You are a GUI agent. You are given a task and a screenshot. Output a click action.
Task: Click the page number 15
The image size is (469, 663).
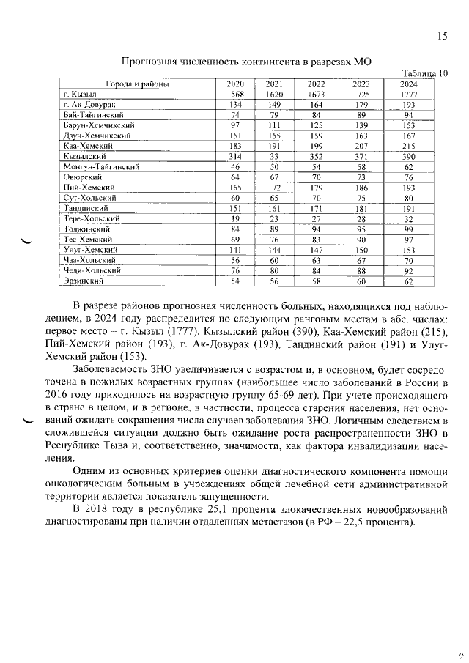pyautogui.click(x=442, y=35)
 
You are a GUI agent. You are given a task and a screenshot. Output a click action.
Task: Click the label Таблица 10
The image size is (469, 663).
pyautogui.click(x=426, y=73)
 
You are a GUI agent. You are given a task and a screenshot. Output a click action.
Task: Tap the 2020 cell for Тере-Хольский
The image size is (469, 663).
pyautogui.click(x=235, y=218)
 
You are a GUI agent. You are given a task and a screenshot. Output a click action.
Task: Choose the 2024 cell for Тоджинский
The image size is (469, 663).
pyautogui.click(x=408, y=229)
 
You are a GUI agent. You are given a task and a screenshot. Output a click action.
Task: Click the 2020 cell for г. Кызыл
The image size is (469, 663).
pyautogui.click(x=235, y=95)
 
